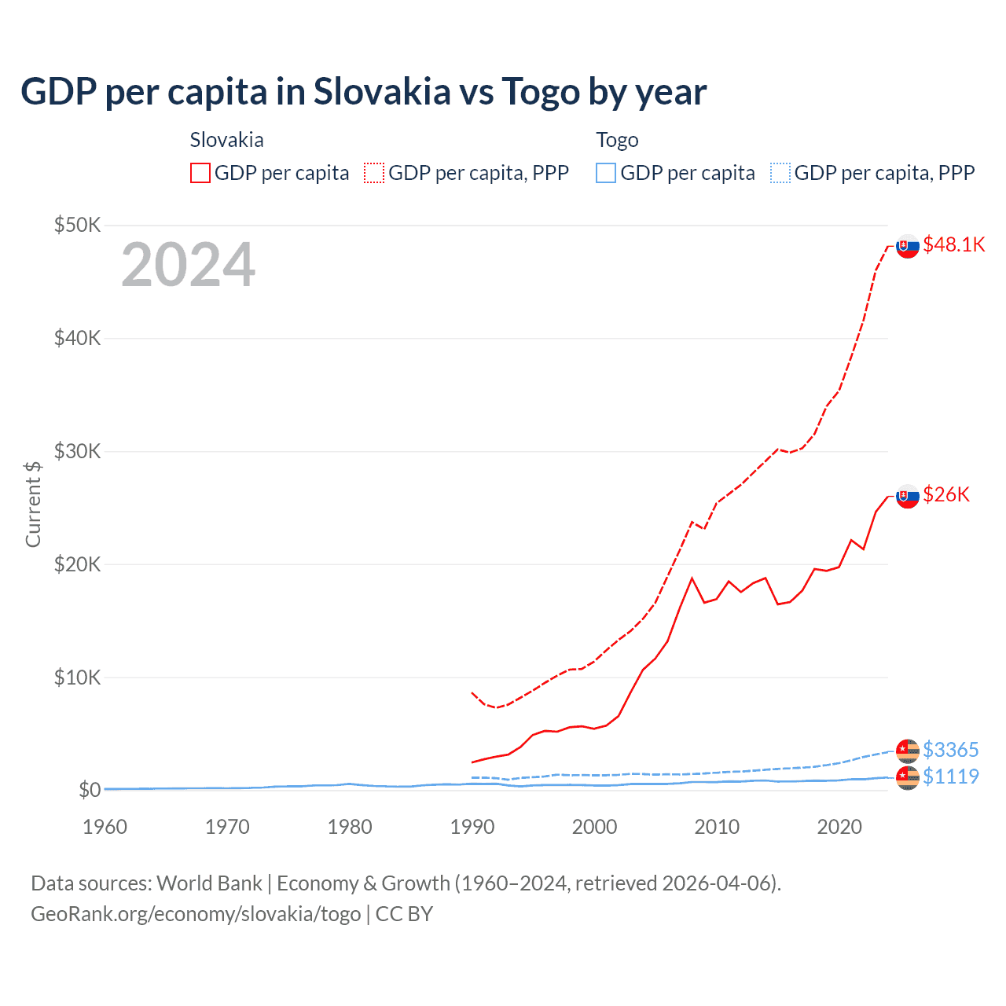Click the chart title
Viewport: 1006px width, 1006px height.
click(363, 92)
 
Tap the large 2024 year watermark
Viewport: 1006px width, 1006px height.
click(188, 266)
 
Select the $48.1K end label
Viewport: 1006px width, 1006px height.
click(953, 244)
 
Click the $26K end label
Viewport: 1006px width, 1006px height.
click(946, 494)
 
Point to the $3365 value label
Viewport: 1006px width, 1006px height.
click(950, 750)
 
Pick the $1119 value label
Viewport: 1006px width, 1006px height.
click(950, 777)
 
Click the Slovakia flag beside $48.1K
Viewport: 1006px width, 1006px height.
click(908, 246)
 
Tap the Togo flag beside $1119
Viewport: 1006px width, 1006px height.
click(908, 778)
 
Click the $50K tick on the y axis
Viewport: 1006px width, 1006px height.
click(77, 226)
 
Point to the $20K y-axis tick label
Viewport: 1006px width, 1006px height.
click(77, 564)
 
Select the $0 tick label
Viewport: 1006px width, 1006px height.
click(90, 790)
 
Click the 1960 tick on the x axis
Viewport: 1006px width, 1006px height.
click(105, 827)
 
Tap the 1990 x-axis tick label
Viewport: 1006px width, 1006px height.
click(472, 827)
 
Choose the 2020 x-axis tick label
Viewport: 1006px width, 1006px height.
click(839, 827)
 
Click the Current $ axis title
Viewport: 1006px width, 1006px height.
click(33, 505)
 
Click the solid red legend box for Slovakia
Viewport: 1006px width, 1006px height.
click(200, 173)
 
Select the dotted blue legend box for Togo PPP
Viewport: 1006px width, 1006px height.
click(780, 173)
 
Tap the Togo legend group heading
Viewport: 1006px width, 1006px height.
click(617, 140)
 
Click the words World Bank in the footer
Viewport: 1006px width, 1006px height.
click(209, 883)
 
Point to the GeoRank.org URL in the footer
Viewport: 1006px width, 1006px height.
click(196, 914)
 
